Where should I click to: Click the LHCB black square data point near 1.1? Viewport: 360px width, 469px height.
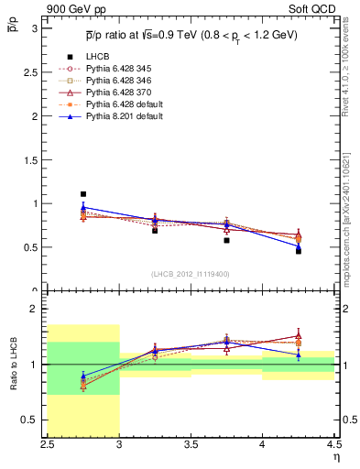[83, 194]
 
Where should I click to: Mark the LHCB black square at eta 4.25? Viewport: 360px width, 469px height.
[298, 250]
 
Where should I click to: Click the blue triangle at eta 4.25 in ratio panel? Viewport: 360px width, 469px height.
[298, 354]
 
